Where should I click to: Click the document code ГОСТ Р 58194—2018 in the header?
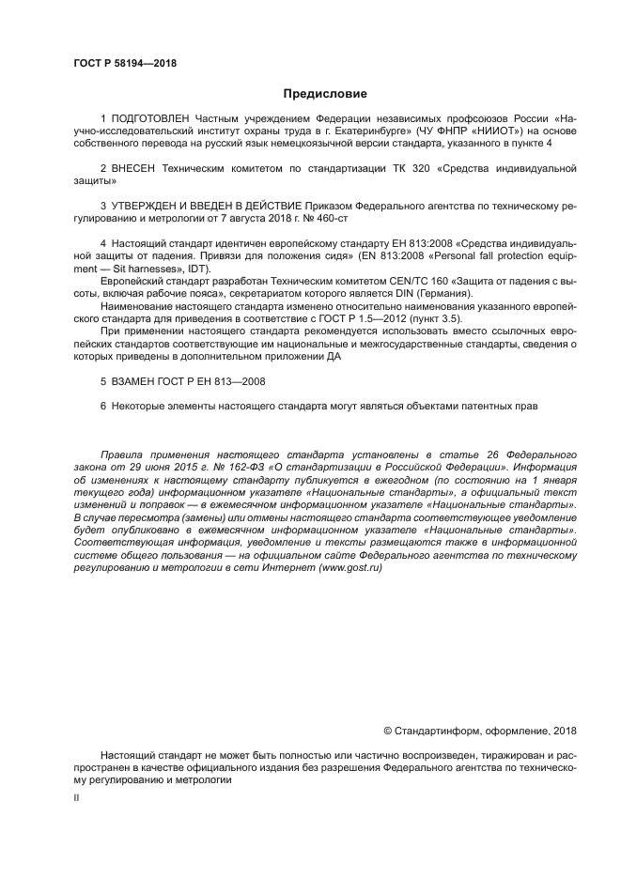[x=125, y=64]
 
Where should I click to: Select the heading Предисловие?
[x=325, y=94]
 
